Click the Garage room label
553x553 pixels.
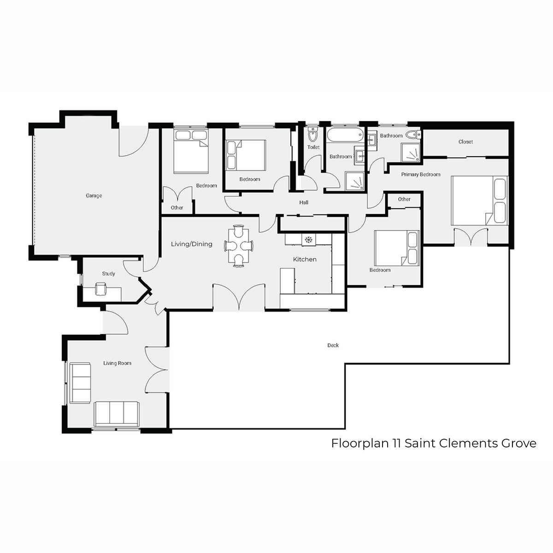[x=94, y=196]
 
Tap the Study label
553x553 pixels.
[x=108, y=274]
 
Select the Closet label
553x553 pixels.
[x=465, y=142]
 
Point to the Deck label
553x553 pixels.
[x=333, y=345]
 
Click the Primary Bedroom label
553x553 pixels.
[x=421, y=175]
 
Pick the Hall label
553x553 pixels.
[x=304, y=203]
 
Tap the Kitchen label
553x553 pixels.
[x=305, y=259]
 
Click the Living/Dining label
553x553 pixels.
[x=192, y=244]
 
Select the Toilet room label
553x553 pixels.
[x=313, y=147]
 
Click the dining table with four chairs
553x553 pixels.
[x=239, y=246]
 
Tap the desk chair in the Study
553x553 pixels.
[x=100, y=288]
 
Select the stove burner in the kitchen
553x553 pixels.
[x=308, y=239]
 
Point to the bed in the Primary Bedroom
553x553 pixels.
[x=479, y=200]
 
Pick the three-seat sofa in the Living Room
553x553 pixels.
[x=117, y=414]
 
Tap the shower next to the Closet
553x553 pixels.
[x=411, y=153]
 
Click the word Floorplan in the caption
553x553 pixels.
[x=360, y=443]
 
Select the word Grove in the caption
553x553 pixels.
[x=519, y=443]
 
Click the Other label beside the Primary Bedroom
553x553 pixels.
[x=404, y=199]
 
